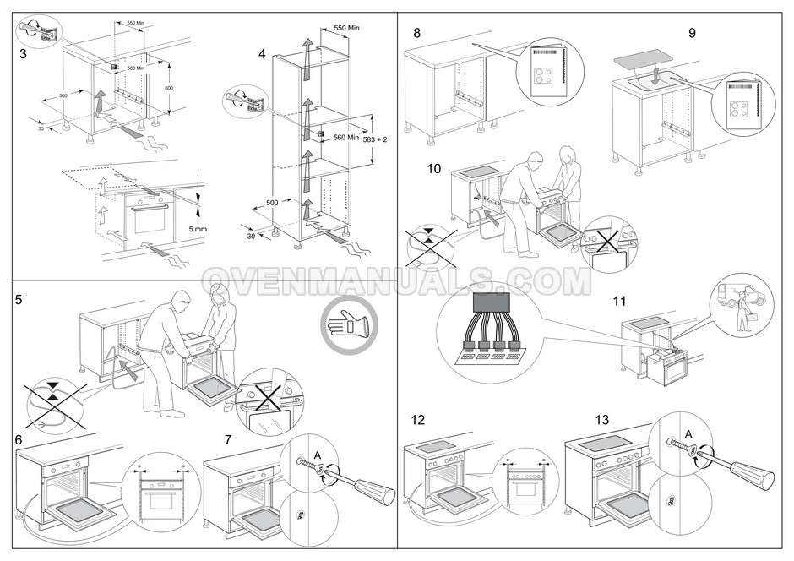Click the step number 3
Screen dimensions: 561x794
coord(22,53)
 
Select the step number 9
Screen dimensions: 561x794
coord(692,33)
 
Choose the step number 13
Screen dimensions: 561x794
coord(601,420)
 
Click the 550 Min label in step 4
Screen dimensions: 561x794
coord(346,28)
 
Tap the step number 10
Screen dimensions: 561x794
coord(434,168)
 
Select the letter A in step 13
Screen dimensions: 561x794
coord(688,434)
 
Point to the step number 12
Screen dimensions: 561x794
coord(417,420)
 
